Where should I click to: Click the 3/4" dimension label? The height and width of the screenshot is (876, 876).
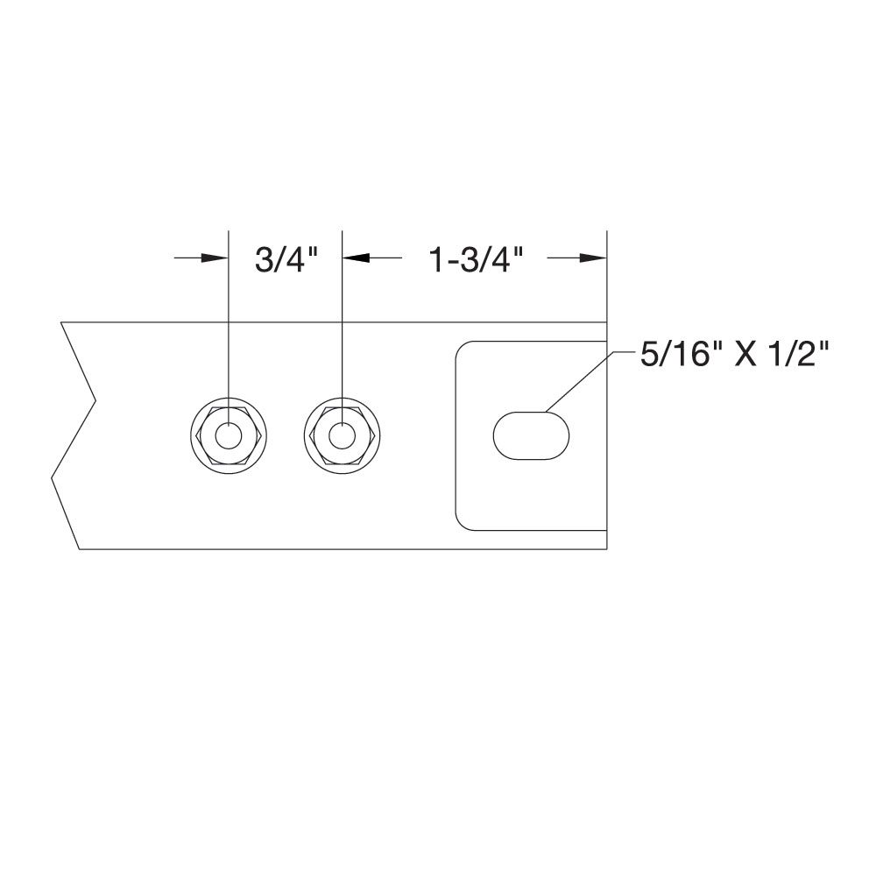(285, 259)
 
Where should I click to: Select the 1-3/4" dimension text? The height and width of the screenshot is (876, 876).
(476, 259)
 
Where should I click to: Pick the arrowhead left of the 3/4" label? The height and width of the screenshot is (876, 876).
(215, 258)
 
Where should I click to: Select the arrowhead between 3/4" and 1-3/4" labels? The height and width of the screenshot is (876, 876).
(356, 258)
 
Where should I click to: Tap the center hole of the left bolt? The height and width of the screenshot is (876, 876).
(229, 435)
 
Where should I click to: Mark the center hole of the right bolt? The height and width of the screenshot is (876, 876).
(342, 435)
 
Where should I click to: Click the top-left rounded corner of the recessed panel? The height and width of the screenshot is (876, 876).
(462, 348)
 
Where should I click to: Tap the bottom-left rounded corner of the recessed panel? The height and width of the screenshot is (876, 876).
(462, 523)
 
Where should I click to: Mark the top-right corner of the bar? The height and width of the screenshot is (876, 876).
(607, 322)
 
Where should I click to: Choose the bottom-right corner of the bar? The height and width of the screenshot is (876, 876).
(607, 549)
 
